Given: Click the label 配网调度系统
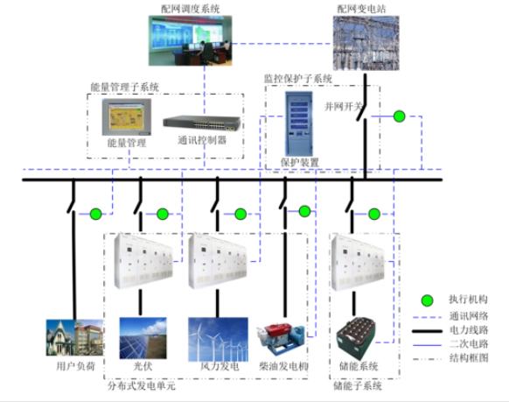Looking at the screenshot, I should pyautogui.click(x=190, y=8).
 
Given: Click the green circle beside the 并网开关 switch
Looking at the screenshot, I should pyautogui.click(x=400, y=116).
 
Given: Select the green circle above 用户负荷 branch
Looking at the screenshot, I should pyautogui.click(x=95, y=213).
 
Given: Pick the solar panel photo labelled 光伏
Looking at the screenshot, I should pyautogui.click(x=143, y=338).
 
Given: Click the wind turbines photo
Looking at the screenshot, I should pyautogui.click(x=218, y=338).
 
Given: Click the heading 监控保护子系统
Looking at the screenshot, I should pyautogui.click(x=298, y=79).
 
